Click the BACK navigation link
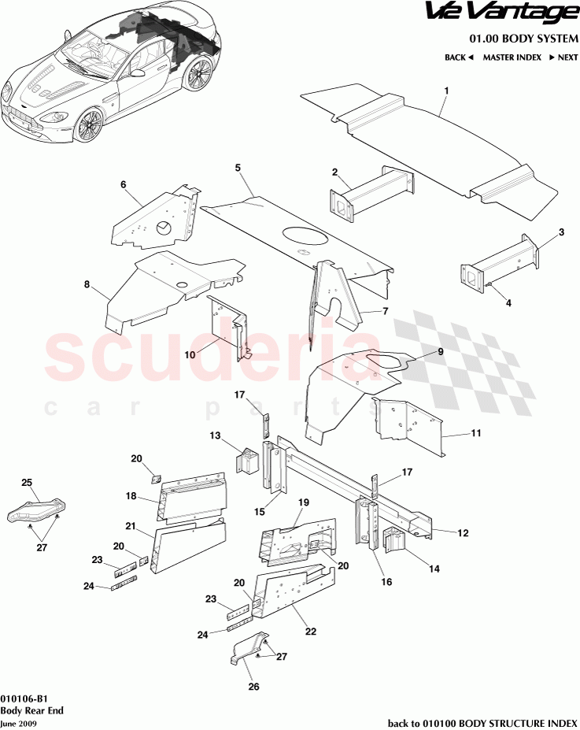click(x=459, y=57)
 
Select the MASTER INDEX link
click(x=512, y=57)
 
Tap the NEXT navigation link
click(x=563, y=57)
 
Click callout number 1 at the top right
click(x=446, y=91)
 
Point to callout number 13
click(x=215, y=435)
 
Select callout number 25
click(x=27, y=482)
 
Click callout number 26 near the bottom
click(x=253, y=687)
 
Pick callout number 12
click(x=463, y=533)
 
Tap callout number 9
click(x=441, y=352)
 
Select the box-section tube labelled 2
click(x=371, y=195)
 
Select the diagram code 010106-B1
click(x=24, y=699)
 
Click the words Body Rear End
click(x=31, y=710)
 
